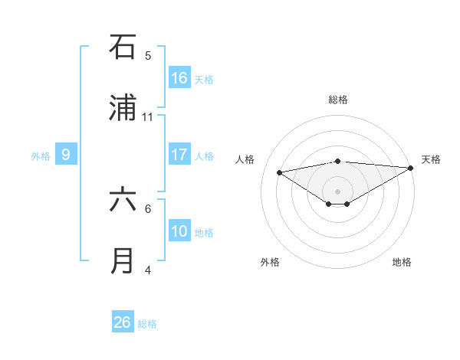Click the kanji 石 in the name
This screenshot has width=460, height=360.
[123, 47]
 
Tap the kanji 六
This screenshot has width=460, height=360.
[123, 201]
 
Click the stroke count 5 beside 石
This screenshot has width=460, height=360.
[148, 55]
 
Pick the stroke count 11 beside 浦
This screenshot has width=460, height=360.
[148, 116]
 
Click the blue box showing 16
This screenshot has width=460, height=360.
[179, 78]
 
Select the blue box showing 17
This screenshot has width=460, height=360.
[179, 155]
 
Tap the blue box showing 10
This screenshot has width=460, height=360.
[179, 231]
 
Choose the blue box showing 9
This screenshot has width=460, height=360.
[66, 155]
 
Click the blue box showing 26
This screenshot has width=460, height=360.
[123, 322]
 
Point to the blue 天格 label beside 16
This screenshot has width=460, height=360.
[204, 79]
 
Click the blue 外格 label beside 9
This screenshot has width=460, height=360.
[41, 155]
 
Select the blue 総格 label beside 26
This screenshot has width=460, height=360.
[147, 323]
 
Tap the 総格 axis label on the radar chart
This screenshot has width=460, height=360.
[337, 100]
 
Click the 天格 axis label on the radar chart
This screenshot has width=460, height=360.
[431, 159]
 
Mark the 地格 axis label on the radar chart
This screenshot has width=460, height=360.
[402, 262]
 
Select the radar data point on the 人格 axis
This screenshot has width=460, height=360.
[280, 172]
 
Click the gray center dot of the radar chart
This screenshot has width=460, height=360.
[337, 191]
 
